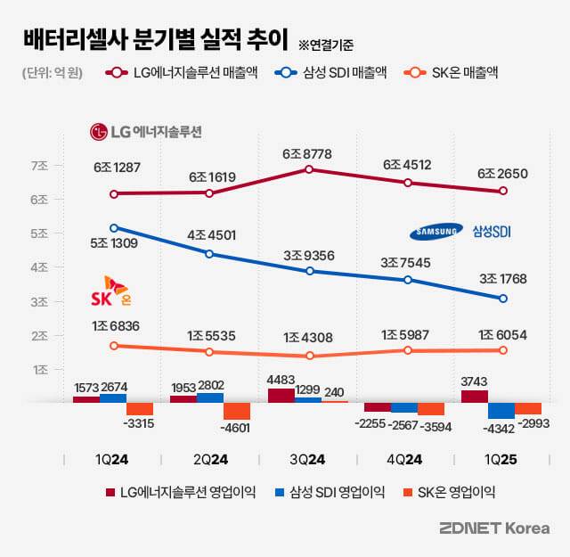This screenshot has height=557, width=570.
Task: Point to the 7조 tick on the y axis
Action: (39, 166)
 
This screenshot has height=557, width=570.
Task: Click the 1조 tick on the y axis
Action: (39, 369)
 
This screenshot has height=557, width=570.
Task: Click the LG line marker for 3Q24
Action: (307, 168)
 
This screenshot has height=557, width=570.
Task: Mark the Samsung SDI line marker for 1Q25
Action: (503, 299)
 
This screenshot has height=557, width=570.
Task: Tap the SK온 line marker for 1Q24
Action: (113, 346)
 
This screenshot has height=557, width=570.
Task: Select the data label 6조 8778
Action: (307, 153)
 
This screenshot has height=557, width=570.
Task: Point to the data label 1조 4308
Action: (307, 338)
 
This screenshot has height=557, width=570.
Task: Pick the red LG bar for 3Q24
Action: (281, 396)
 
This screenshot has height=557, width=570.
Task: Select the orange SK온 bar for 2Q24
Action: (237, 412)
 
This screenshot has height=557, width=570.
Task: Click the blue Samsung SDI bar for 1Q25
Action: (501, 411)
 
